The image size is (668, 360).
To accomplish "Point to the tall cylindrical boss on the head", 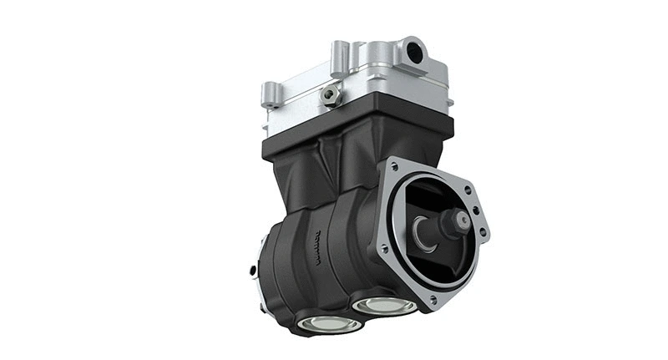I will (x=340, y=58).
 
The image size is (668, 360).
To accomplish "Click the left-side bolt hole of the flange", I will (x=383, y=248).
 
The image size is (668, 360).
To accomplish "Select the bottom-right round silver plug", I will (x=383, y=304).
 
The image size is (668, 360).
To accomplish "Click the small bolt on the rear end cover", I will (x=252, y=270).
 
